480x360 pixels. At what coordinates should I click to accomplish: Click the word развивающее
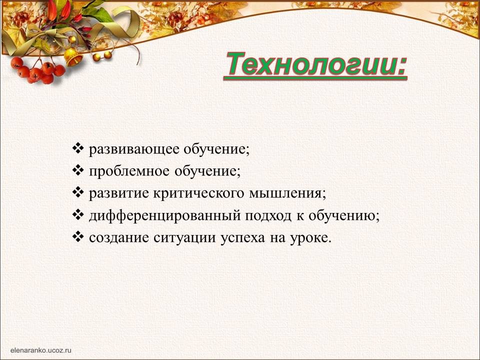coord(134,149)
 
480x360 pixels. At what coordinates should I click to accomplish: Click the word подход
coord(268,216)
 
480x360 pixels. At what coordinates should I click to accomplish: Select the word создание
coord(119,238)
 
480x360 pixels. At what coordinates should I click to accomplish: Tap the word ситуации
coord(184,238)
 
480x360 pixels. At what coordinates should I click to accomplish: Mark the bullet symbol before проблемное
coord(78,170)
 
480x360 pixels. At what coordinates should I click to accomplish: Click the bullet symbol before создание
coord(78,236)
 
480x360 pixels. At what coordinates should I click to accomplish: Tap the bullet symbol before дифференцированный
coord(78,214)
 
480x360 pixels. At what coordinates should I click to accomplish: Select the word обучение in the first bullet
coord(216,149)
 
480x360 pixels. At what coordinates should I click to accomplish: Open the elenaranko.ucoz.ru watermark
coord(40,350)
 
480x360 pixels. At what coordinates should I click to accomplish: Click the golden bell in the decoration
coord(73,56)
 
